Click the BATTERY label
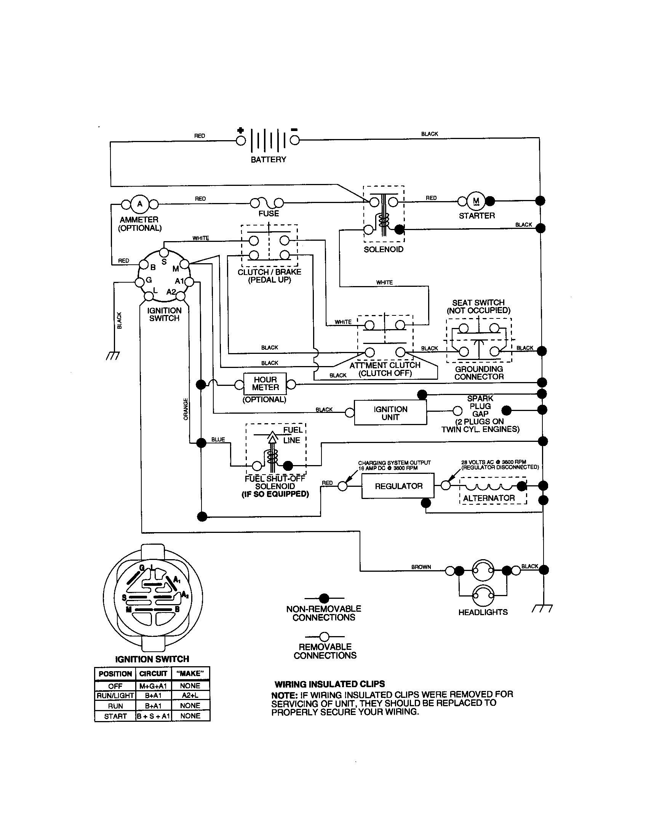pos(268,159)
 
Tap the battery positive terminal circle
pos(240,141)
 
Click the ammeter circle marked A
pos(140,204)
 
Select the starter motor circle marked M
pos(476,201)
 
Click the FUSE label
pos(269,213)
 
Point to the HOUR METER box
pos(265,384)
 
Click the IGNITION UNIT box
pos(390,413)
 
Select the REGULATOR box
pos(398,486)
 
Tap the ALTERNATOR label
pos(489,498)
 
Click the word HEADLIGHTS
pos(483,612)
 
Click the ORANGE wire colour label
pos(185,409)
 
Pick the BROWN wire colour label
pos(421,567)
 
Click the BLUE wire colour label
pos(218,439)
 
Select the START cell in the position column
pos(115,716)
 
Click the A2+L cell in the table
pos(190,695)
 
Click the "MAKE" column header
pos(190,674)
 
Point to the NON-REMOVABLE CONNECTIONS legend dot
pos(324,598)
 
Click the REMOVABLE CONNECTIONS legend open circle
pos(324,636)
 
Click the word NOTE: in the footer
pos(284,695)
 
